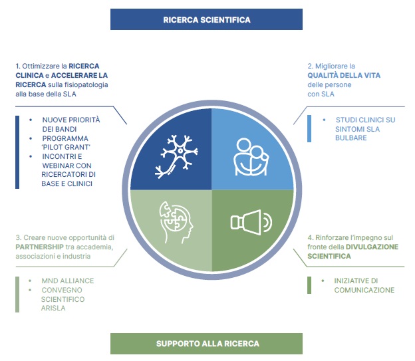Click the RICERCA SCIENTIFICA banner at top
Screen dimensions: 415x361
206,19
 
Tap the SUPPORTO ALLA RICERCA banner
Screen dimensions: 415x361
206,344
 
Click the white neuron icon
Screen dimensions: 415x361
176,156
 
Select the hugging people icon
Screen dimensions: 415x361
251,157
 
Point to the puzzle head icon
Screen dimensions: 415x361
176,222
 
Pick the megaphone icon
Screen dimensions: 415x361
251,222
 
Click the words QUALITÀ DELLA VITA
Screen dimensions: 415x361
344,75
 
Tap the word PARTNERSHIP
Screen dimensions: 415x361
39,247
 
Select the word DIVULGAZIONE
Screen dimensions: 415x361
372,247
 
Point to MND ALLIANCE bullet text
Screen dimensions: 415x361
67,281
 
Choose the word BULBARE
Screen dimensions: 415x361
351,138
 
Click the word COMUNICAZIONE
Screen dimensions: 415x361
364,290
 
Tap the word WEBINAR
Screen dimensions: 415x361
55,166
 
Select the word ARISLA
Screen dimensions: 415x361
53,308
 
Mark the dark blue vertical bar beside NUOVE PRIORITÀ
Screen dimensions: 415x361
17,152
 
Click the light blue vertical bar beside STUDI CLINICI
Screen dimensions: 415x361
309,128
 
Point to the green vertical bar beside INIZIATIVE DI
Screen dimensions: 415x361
309,285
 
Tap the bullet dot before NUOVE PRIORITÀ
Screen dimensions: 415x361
31,120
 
